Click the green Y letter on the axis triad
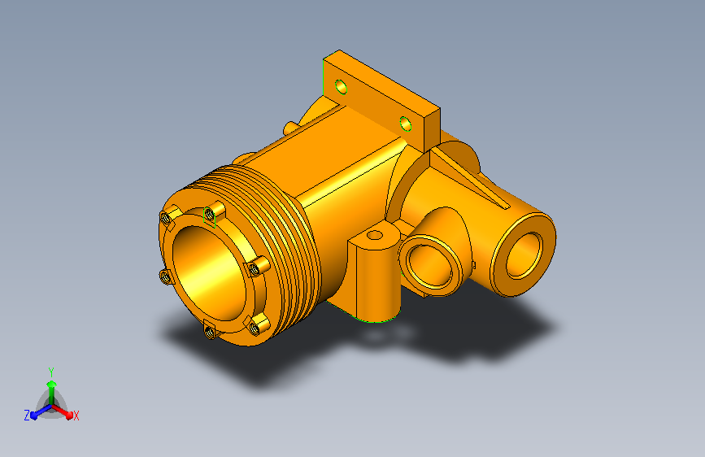50,370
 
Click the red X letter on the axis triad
76,416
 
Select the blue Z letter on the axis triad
27,415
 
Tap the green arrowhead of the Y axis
50,383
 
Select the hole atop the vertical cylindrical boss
374,235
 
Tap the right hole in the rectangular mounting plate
406,124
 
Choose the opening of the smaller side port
430,265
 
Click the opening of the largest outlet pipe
526,255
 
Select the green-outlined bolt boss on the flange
211,215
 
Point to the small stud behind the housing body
290,127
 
